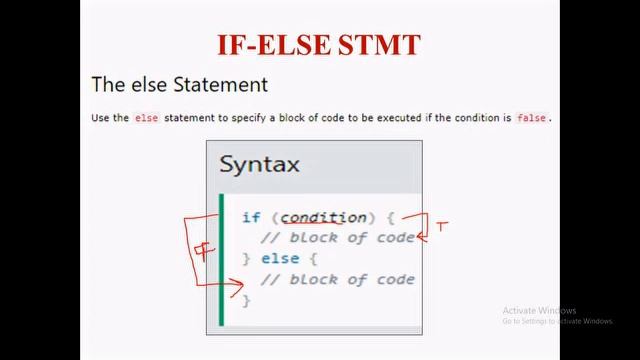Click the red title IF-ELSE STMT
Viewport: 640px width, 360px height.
(x=319, y=45)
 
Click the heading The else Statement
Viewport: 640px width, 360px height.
(x=179, y=84)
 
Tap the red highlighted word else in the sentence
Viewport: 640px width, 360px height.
(x=146, y=118)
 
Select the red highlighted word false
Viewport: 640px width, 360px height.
(x=531, y=118)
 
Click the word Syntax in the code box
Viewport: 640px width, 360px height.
(x=259, y=165)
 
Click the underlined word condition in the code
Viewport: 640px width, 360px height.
(x=323, y=217)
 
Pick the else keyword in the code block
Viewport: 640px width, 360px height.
(x=280, y=259)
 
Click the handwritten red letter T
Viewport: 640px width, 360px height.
(x=441, y=226)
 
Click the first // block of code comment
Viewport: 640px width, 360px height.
(x=337, y=238)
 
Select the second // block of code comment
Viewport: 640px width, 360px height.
(x=337, y=279)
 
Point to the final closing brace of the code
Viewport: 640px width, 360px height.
(x=246, y=300)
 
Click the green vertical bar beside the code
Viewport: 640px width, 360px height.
(x=222, y=259)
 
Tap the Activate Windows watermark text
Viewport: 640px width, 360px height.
(x=540, y=310)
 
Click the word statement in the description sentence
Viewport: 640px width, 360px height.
(x=191, y=118)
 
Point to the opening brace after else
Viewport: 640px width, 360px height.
(x=313, y=259)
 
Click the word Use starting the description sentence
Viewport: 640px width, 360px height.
(x=100, y=118)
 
